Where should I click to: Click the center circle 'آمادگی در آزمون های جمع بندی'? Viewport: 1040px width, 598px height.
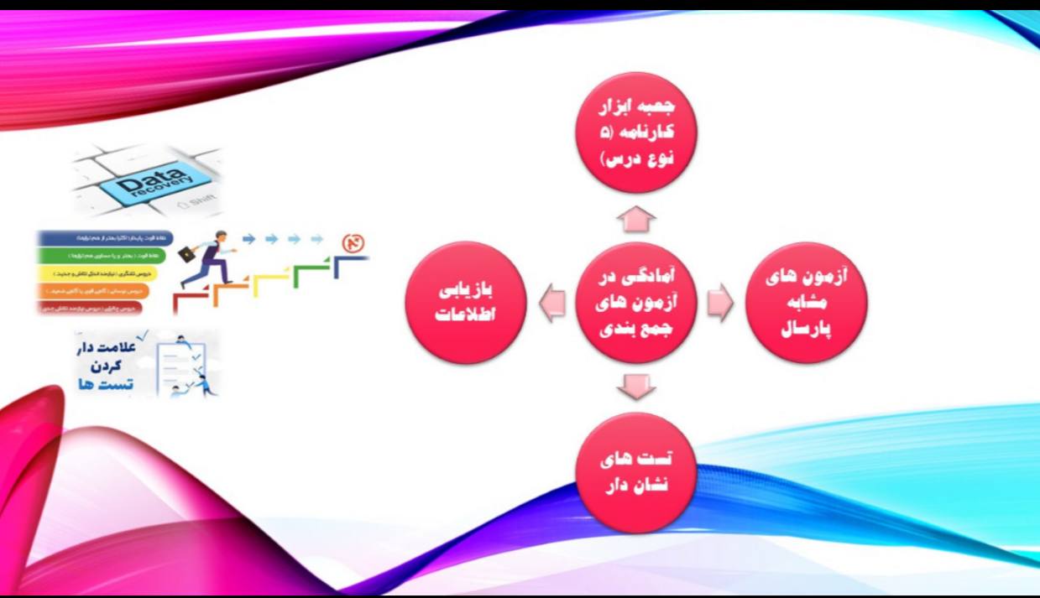point(635,303)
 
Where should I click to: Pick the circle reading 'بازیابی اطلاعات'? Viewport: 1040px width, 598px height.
point(466,303)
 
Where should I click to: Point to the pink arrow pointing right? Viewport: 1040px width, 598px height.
point(719,303)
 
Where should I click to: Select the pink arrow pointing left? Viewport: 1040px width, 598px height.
point(551,303)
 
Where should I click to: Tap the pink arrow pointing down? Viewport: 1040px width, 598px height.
point(635,387)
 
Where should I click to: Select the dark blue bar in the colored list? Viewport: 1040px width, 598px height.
point(106,238)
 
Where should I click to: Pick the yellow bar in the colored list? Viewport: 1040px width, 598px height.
point(97,273)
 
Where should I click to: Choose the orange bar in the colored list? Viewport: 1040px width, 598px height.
point(93,290)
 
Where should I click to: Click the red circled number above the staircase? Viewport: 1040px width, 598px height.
point(353,243)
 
